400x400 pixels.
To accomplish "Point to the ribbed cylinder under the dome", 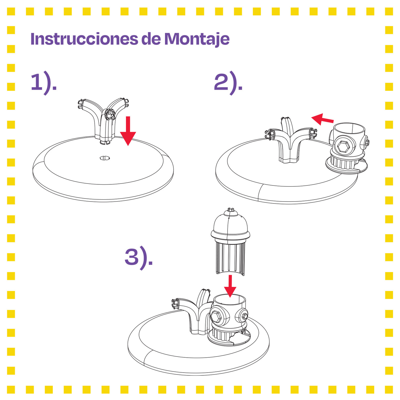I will coord(230,257).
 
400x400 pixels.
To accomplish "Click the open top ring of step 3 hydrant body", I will coord(229,299).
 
